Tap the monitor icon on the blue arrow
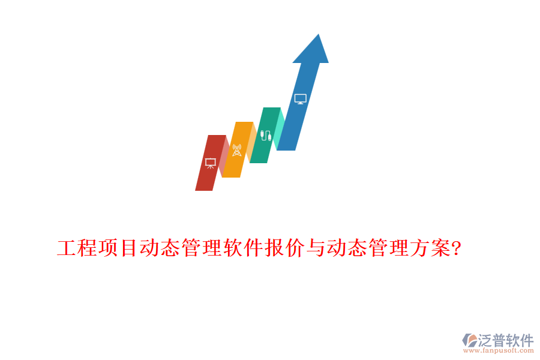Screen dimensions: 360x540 301,99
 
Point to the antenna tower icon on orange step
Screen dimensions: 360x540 236,150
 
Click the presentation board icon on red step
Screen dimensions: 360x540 210,162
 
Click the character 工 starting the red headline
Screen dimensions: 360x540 67,248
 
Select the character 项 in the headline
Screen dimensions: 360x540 109,248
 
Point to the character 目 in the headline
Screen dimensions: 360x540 130,248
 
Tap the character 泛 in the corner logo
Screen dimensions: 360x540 485,341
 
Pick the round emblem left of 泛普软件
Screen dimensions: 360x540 469,341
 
